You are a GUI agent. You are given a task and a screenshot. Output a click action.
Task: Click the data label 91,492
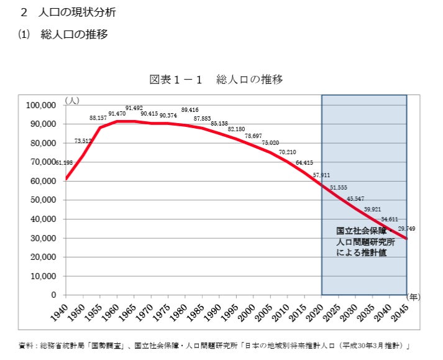click(134, 108)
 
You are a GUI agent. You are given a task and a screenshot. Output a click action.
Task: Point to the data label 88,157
click(98, 118)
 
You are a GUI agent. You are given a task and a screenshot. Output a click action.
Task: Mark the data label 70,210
click(287, 152)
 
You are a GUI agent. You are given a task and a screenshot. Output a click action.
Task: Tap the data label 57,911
click(321, 175)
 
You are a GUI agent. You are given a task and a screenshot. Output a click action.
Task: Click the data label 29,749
click(406, 229)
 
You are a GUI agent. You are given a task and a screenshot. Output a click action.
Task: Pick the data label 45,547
click(355, 198)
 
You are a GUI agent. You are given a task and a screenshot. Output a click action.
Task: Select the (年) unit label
click(414, 296)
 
